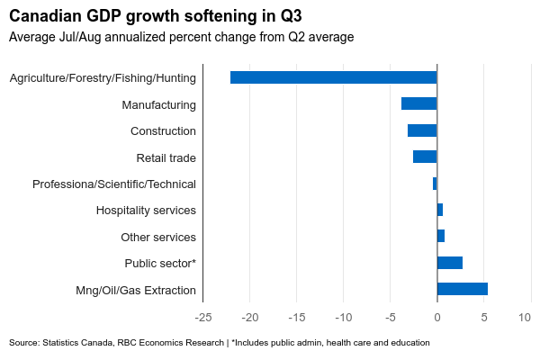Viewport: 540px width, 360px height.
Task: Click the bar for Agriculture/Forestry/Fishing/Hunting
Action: click(333, 77)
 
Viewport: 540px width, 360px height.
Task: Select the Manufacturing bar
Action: click(418, 104)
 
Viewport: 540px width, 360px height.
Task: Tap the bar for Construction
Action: click(422, 130)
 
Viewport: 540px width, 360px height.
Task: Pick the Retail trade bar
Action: click(425, 157)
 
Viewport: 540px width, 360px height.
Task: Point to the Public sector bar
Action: click(450, 263)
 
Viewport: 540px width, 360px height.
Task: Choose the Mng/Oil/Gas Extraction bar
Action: click(463, 290)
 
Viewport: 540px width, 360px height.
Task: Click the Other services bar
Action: click(441, 237)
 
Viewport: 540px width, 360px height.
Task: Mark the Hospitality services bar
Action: click(440, 210)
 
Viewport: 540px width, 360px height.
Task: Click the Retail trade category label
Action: click(166, 158)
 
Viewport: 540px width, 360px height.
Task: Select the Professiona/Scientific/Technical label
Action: click(114, 184)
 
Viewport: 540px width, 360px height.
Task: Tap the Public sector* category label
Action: click(160, 264)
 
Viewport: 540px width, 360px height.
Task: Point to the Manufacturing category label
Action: click(159, 105)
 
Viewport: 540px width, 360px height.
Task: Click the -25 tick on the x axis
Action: click(203, 318)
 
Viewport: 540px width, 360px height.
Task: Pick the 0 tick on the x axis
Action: click(437, 318)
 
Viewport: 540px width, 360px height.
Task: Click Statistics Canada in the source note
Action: click(77, 343)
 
